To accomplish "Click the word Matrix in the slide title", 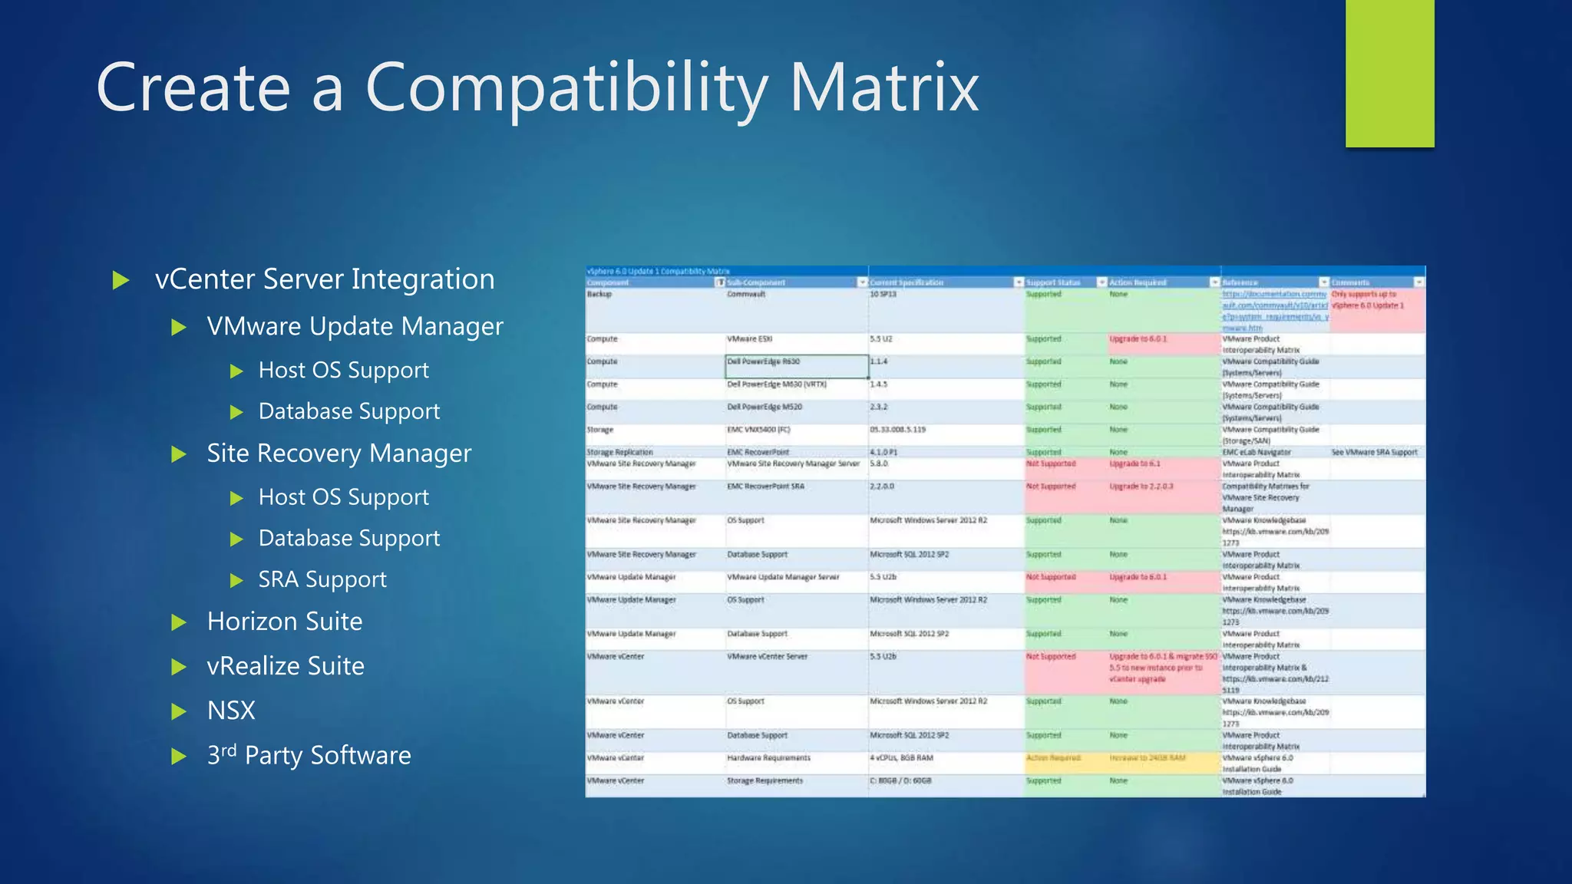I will (x=883, y=87).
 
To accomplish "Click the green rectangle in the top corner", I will (x=1389, y=73).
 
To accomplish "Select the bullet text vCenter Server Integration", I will (x=325, y=279).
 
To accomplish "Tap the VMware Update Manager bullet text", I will (x=355, y=327).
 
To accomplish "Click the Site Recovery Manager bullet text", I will (x=339, y=454).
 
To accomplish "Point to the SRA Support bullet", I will (x=322, y=579).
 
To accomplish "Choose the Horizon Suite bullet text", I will (x=285, y=622).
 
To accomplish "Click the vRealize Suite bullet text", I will (x=286, y=666).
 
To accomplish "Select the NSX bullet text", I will (x=231, y=711).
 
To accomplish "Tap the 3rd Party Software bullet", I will (x=309, y=756).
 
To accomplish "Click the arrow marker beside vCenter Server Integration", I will (x=121, y=280).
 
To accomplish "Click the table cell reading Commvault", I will (x=746, y=295).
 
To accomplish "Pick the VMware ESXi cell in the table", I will (x=749, y=339).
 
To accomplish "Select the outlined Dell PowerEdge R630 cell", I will (x=796, y=366).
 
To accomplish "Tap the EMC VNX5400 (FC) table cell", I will (x=758, y=430).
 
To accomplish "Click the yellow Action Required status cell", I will (x=1053, y=758).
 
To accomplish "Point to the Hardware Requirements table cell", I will (x=768, y=758).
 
